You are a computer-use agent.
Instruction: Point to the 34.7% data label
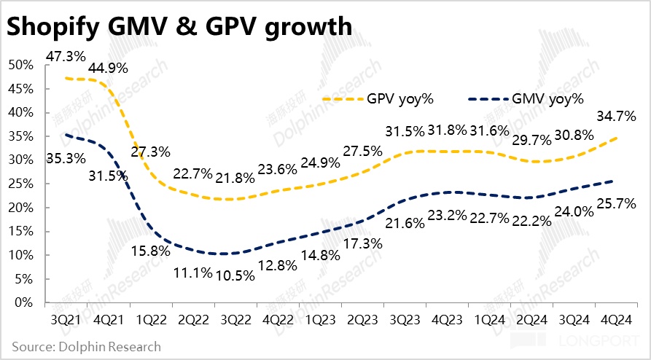point(617,115)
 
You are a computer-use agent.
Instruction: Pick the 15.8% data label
point(151,251)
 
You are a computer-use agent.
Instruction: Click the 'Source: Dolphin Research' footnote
point(87,346)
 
